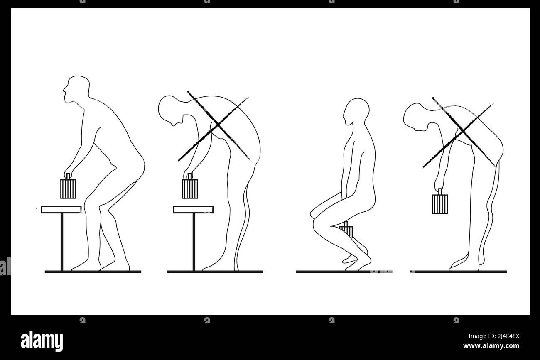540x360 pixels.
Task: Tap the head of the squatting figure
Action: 357,111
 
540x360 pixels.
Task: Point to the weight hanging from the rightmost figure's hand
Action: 439,203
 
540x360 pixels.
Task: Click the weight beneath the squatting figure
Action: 347,230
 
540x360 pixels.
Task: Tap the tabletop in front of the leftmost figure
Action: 61,210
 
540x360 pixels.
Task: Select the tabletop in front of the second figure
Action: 193,210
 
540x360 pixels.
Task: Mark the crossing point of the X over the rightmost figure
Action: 460,132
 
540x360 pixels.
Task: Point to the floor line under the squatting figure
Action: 344,272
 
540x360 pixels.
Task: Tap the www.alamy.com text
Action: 491,346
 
